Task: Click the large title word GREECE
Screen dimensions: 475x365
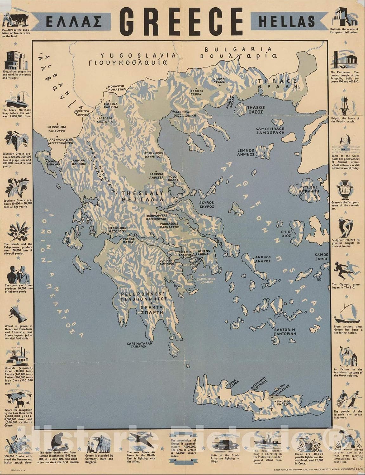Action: point(181,21)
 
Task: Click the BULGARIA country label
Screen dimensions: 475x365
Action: point(238,50)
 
